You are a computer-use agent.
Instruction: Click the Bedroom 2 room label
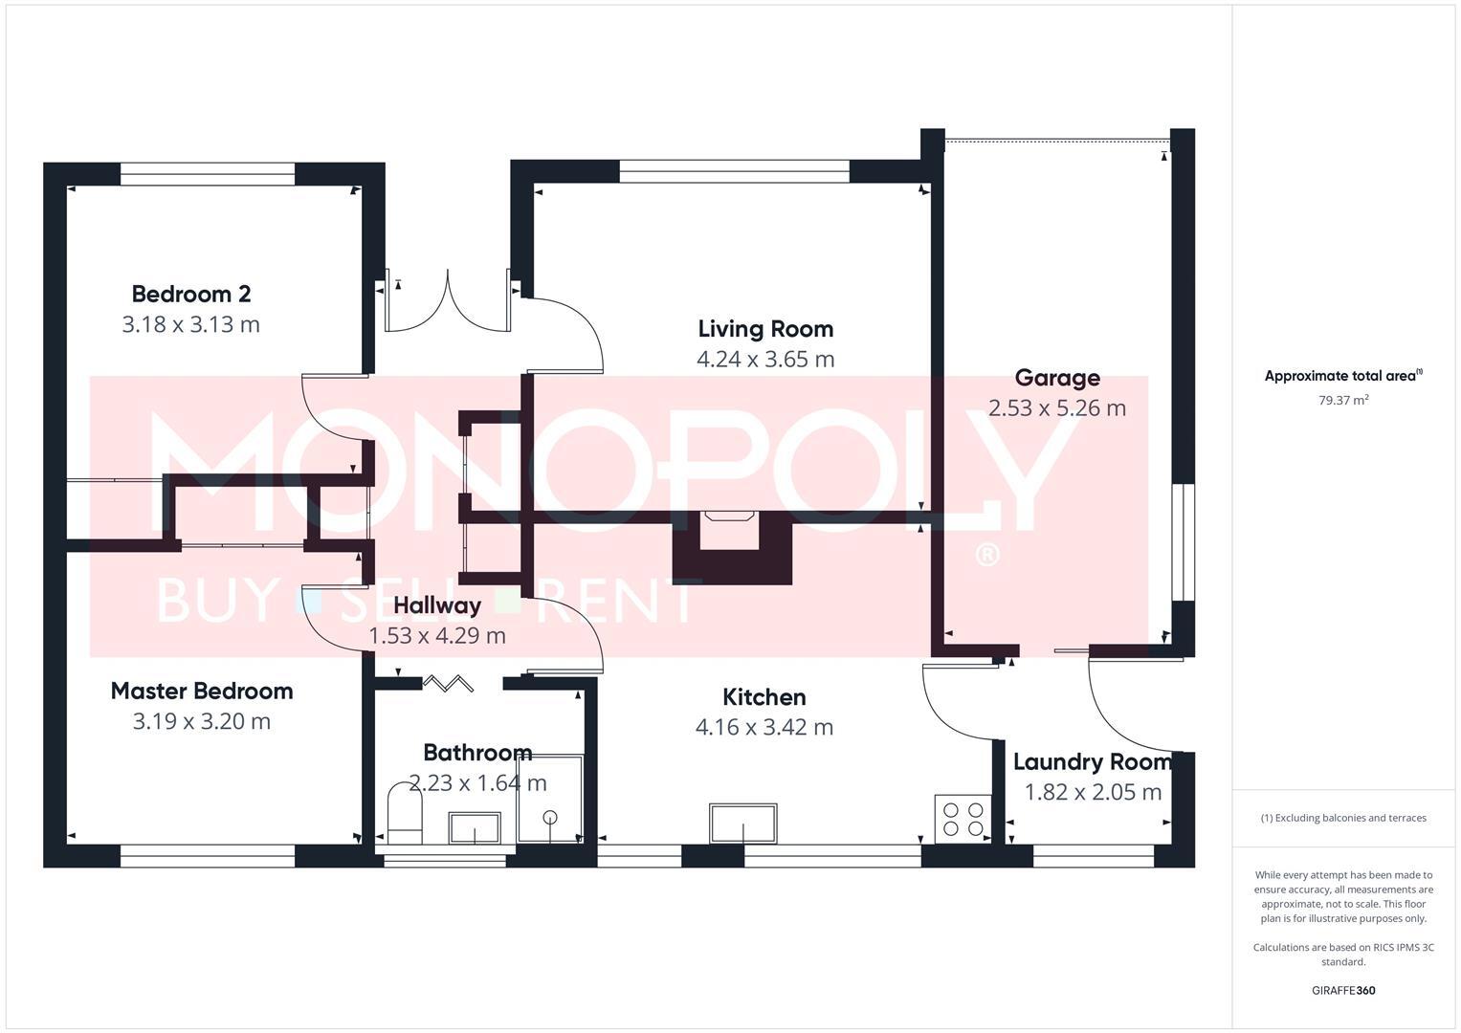coord(190,294)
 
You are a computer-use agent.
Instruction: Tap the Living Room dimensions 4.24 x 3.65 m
coord(765,360)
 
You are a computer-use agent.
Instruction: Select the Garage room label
coord(1056,378)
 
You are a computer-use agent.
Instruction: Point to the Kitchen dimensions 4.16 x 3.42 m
coord(764,727)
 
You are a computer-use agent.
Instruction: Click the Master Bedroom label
coord(201,691)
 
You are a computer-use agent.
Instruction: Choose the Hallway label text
coord(436,605)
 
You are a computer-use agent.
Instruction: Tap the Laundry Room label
coord(1092,762)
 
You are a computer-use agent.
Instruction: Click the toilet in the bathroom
coord(405,814)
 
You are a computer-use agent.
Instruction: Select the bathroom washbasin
coord(475,827)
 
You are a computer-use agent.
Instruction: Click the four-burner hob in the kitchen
coord(963,820)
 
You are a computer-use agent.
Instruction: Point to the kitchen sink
coord(742,824)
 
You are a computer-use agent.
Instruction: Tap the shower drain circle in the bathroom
coord(550,817)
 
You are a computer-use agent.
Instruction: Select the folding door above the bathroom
coord(449,683)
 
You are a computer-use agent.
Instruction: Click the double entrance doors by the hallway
coord(447,302)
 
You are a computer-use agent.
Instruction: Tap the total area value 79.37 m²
coord(1342,401)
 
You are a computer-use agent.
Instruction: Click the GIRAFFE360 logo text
coord(1342,990)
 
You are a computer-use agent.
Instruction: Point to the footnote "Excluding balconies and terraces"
coord(1342,818)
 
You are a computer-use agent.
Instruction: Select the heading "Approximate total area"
coord(1342,376)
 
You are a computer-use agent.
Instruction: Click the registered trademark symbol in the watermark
coord(985,555)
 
